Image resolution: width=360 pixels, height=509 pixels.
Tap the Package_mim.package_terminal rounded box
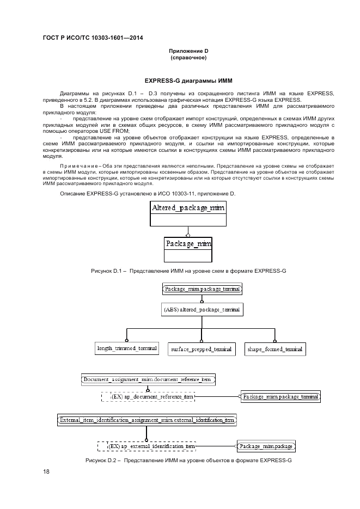point(202,289)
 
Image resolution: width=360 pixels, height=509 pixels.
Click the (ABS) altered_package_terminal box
point(202,309)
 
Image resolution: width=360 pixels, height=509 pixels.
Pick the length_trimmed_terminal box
point(127,348)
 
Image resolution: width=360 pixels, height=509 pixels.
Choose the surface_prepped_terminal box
point(201,348)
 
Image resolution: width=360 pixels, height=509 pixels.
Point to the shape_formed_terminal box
point(274,348)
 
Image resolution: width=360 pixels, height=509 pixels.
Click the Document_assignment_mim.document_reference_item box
point(148,379)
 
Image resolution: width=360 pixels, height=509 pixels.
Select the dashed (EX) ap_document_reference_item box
point(148,397)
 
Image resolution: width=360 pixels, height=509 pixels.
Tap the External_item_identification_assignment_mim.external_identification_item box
point(147,420)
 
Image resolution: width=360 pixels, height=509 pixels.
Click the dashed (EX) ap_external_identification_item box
point(146,446)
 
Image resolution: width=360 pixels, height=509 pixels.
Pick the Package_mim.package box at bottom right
point(266,446)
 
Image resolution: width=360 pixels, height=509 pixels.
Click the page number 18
point(46,472)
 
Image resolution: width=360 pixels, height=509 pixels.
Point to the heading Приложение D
point(188,51)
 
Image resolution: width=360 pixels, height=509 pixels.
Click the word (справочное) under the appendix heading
point(188,57)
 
